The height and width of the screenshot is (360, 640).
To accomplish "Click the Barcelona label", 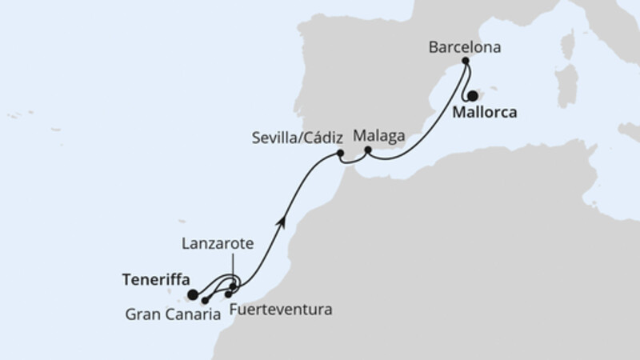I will coord(465,47).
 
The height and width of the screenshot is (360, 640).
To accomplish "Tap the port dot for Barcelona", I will coord(465,61).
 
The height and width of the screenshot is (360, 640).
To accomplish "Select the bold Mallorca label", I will coord(485,113).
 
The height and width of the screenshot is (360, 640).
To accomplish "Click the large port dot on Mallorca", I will coord(473,94).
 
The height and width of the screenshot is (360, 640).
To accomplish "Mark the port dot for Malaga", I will coord(368,150).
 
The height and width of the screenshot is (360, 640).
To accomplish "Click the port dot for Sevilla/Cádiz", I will coord(340,153).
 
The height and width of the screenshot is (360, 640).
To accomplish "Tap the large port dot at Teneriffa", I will coord(193,294).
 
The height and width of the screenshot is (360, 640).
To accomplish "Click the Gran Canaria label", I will coord(173,314).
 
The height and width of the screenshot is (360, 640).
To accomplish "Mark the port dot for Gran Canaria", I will coord(206,301).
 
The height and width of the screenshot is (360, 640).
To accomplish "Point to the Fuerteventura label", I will coord(279,308).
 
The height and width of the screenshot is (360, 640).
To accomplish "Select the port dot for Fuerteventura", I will coord(228,294).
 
